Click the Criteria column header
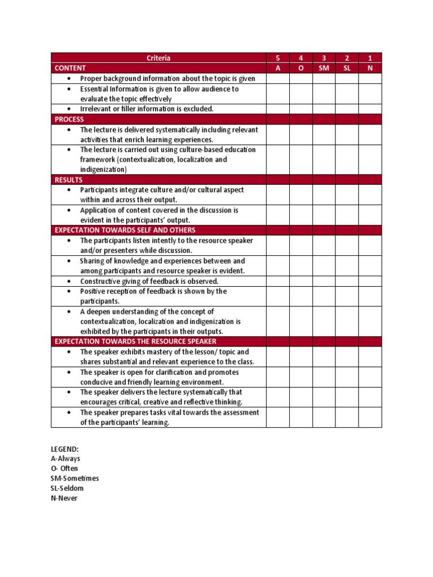pyautogui.click(x=158, y=58)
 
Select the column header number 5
pyautogui.click(x=277, y=58)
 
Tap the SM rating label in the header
pyautogui.click(x=324, y=68)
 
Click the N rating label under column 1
pyautogui.click(x=370, y=68)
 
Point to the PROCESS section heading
pyautogui.click(x=69, y=119)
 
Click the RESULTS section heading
pyautogui.click(x=68, y=180)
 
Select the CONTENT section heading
pyautogui.click(x=70, y=68)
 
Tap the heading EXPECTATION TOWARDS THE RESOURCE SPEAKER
pyautogui.click(x=135, y=341)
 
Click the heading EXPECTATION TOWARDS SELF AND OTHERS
pyautogui.click(x=125, y=230)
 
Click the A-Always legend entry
pyautogui.click(x=65, y=459)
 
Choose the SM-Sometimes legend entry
pyautogui.click(x=74, y=478)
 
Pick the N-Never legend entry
pyautogui.click(x=64, y=498)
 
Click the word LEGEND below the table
pyautogui.click(x=65, y=449)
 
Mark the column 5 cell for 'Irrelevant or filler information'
pyautogui.click(x=277, y=109)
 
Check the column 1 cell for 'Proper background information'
pyautogui.click(x=370, y=78)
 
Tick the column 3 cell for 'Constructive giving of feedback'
pyautogui.click(x=324, y=281)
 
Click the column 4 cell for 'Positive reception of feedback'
pyautogui.click(x=301, y=296)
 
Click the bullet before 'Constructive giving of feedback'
pyautogui.click(x=69, y=281)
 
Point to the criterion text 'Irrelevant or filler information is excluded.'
pyautogui.click(x=147, y=109)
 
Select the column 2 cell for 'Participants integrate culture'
pyautogui.click(x=347, y=194)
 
